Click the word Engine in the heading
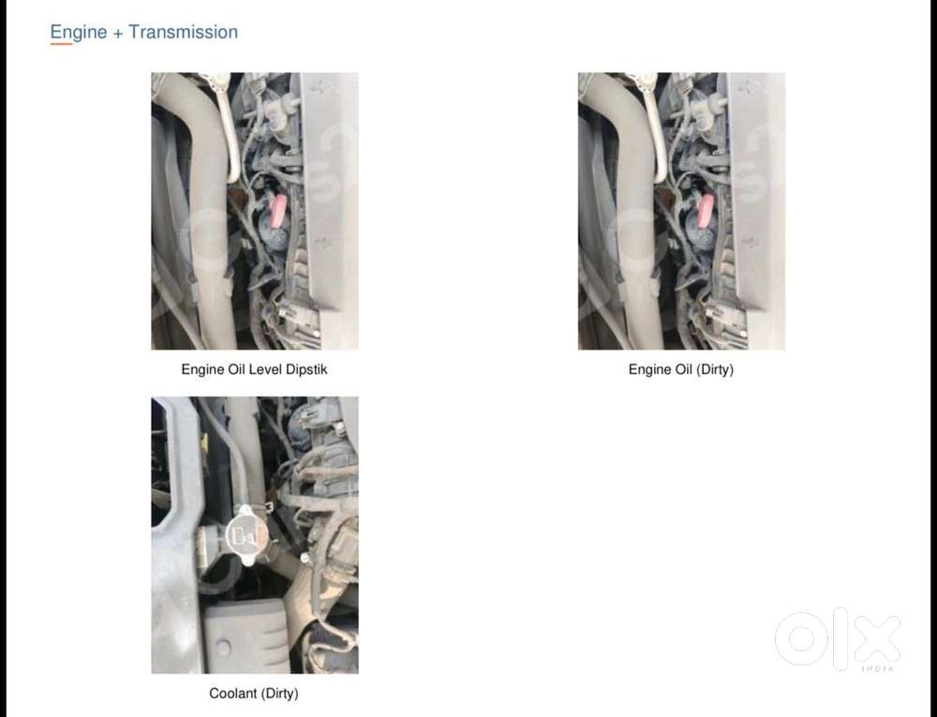[79, 32]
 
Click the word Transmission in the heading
[183, 32]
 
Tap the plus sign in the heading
[118, 34]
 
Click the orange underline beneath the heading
[61, 44]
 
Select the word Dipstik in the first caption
[306, 370]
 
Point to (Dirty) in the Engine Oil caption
[714, 370]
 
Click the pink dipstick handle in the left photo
[278, 211]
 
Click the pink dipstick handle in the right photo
[706, 211]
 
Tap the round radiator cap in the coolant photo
[245, 536]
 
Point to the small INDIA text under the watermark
[878, 668]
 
